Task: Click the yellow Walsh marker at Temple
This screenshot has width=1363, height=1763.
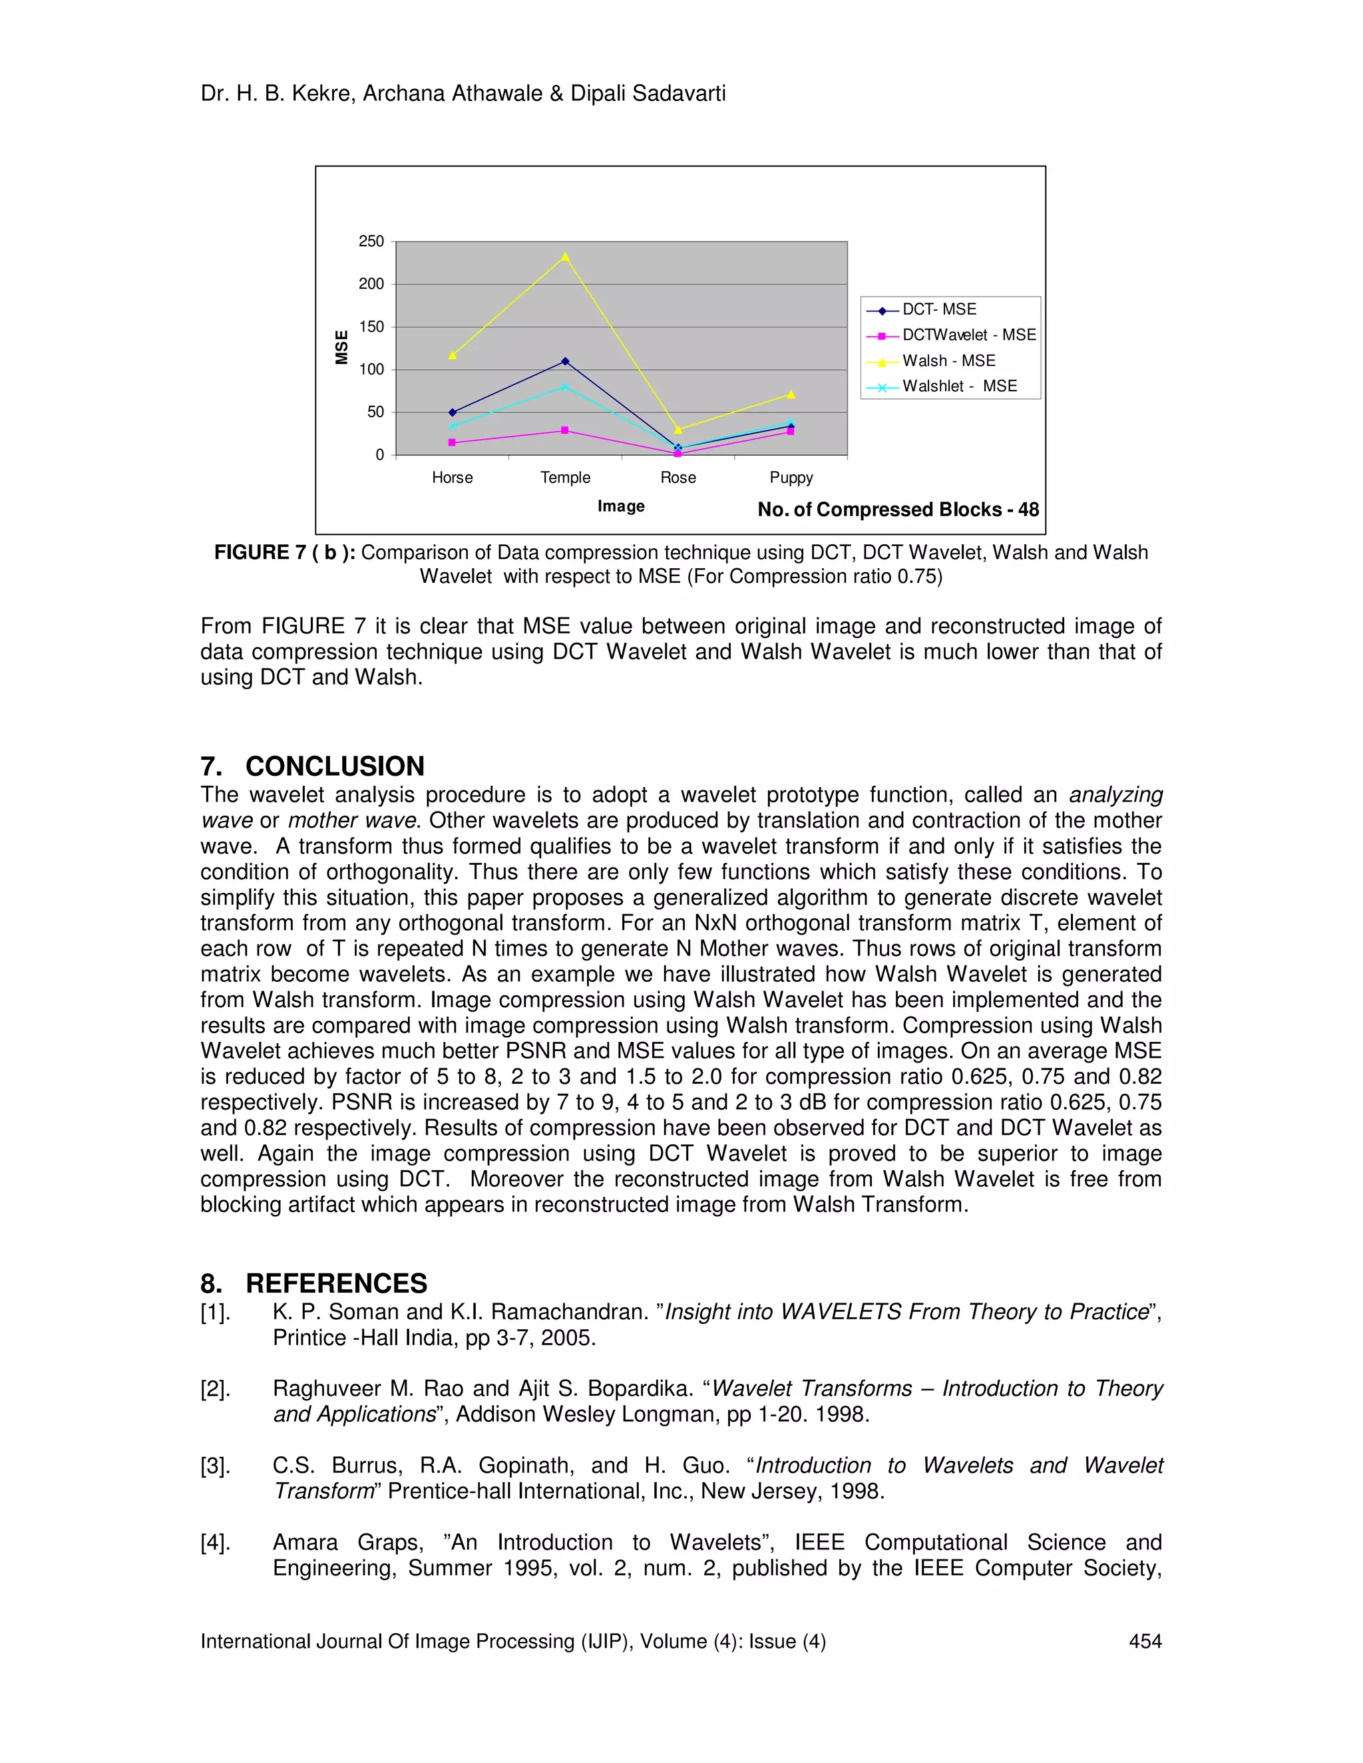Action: click(x=565, y=257)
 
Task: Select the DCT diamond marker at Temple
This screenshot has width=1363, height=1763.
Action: click(x=565, y=362)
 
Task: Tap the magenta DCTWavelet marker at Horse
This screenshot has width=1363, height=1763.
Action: click(x=452, y=442)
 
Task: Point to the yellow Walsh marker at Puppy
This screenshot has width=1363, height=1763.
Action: click(x=791, y=395)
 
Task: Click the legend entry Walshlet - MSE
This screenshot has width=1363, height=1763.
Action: click(x=958, y=387)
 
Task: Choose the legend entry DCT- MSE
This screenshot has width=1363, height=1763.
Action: click(x=938, y=310)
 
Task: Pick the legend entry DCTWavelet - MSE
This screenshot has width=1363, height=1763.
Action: click(x=968, y=335)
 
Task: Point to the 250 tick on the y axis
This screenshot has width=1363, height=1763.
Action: click(x=371, y=241)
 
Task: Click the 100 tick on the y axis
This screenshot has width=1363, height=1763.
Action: click(x=371, y=370)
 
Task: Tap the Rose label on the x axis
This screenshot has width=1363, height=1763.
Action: click(x=678, y=478)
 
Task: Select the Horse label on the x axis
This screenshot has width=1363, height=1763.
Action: click(x=452, y=478)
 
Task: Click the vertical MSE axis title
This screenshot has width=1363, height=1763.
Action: click(x=341, y=348)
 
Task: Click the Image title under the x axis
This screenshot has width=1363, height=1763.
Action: click(x=621, y=507)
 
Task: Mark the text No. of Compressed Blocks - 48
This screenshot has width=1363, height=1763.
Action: click(x=898, y=510)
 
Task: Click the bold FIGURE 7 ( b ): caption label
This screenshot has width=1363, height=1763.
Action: click(x=284, y=553)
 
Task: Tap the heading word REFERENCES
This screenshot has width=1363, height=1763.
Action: click(x=336, y=1283)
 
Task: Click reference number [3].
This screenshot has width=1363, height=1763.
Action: click(x=216, y=1466)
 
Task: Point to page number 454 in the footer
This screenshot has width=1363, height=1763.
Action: click(x=1144, y=1642)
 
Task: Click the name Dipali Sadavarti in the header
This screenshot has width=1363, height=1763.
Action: click(x=648, y=94)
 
